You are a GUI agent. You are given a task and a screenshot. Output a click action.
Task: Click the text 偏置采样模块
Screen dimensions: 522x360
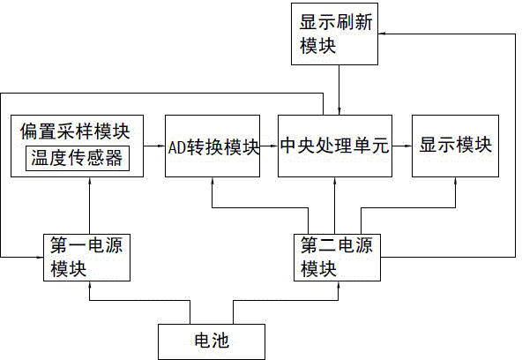[x=75, y=131]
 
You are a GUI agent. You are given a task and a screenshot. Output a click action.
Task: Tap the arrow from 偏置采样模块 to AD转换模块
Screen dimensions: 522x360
[x=154, y=146]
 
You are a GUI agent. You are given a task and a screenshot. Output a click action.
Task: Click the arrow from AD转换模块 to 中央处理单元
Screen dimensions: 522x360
[x=269, y=146]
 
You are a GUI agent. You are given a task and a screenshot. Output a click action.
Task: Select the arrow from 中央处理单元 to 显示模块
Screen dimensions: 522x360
[x=402, y=146]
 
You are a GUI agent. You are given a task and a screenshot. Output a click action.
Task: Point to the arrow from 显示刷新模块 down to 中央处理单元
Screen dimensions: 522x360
[x=339, y=90]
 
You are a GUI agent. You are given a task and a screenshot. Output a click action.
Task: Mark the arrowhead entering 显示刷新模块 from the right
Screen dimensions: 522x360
[x=382, y=34]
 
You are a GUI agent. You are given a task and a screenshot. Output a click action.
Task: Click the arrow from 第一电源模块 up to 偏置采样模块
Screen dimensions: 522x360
[x=90, y=205]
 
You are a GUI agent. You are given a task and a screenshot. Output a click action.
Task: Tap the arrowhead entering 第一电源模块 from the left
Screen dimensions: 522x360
[x=40, y=257]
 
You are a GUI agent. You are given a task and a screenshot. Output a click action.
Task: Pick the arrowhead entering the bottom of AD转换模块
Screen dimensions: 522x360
[x=213, y=181]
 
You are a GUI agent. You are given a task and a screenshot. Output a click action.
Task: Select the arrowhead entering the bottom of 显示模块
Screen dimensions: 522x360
[x=455, y=181]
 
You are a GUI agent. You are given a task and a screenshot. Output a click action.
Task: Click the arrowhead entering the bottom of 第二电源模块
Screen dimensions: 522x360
[x=339, y=285]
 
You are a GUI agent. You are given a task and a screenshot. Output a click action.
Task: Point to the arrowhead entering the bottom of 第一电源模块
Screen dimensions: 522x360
[x=90, y=285]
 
